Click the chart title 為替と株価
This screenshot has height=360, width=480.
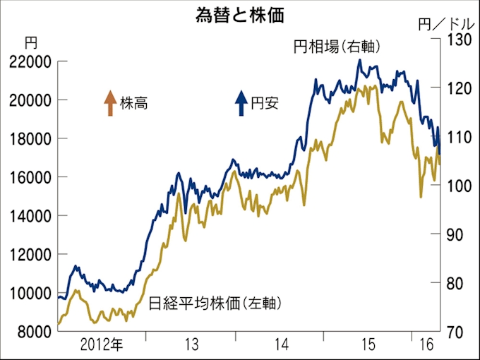click(x=240, y=16)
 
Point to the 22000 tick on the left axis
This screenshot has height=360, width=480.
click(x=29, y=62)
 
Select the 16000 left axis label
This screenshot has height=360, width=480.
click(x=29, y=178)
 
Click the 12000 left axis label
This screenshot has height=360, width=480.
click(x=29, y=255)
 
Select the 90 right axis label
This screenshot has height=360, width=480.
click(x=455, y=234)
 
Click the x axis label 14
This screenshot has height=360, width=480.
click(x=280, y=345)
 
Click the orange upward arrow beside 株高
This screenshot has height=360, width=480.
click(x=109, y=103)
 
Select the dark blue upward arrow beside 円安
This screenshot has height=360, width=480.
click(x=241, y=103)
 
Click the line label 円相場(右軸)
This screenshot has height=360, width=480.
click(x=337, y=47)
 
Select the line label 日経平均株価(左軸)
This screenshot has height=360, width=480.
click(x=216, y=304)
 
